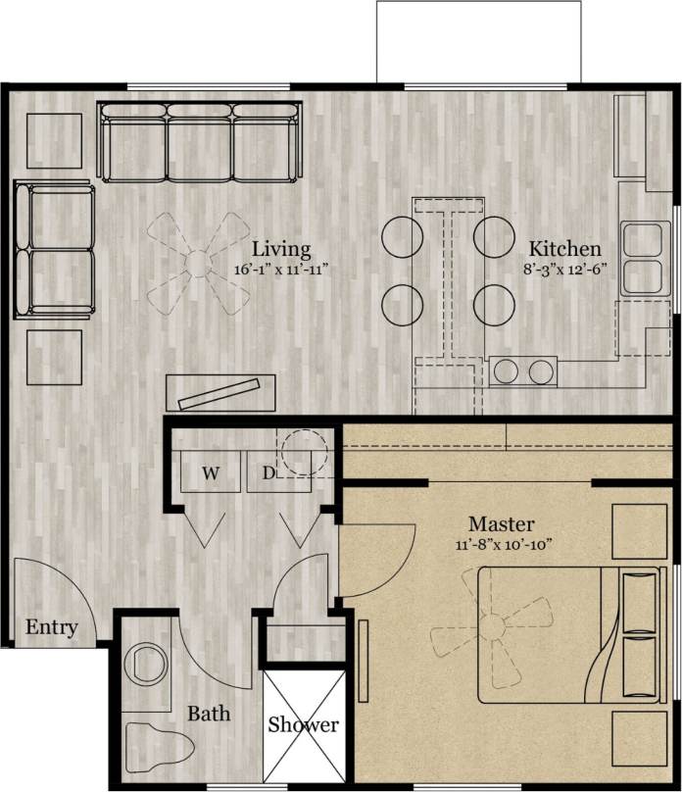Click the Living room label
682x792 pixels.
[x=280, y=249]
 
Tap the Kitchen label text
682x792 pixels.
[x=565, y=249]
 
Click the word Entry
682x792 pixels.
[x=51, y=627]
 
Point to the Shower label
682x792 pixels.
[x=303, y=725]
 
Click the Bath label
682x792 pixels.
[x=209, y=713]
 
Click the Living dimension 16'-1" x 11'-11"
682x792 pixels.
[x=280, y=269]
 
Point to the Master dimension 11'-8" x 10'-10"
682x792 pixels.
[x=505, y=544]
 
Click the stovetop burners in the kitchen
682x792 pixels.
[x=524, y=371]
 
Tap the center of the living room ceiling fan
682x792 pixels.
[x=199, y=263]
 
